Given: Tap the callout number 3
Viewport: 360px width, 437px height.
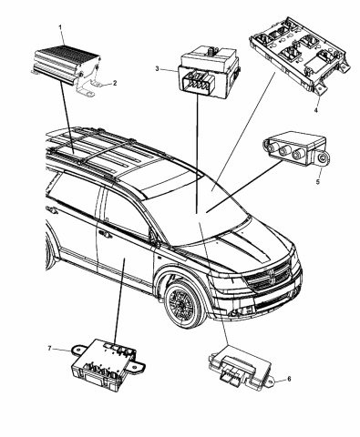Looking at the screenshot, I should click(x=157, y=69).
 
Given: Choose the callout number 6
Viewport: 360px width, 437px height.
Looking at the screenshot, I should click(x=289, y=379).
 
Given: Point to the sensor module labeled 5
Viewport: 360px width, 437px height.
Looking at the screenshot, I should click(x=291, y=152).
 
